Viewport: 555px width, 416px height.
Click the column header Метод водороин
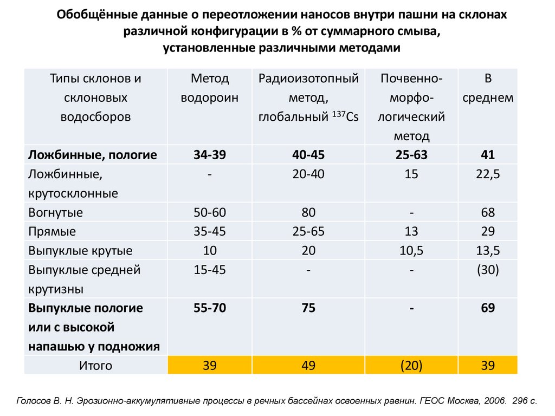(210, 88)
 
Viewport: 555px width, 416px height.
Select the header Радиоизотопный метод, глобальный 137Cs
(308, 97)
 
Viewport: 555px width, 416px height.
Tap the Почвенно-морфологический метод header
(411, 107)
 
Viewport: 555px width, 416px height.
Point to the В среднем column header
(488, 88)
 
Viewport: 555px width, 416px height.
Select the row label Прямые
(52, 232)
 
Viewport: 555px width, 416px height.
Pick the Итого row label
(95, 366)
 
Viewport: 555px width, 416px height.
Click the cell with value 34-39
(210, 155)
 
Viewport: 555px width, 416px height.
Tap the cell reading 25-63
(411, 155)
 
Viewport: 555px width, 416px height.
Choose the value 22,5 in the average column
(488, 174)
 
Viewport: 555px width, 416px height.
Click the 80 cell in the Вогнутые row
(308, 212)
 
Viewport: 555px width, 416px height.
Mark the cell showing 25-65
(308, 232)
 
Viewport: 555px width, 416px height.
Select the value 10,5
(411, 251)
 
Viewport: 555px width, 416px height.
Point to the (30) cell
(488, 270)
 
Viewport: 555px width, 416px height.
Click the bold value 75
(308, 308)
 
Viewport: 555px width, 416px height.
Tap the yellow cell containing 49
(308, 366)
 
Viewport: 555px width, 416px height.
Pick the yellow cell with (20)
(411, 366)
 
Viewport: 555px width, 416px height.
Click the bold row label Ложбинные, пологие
(93, 155)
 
